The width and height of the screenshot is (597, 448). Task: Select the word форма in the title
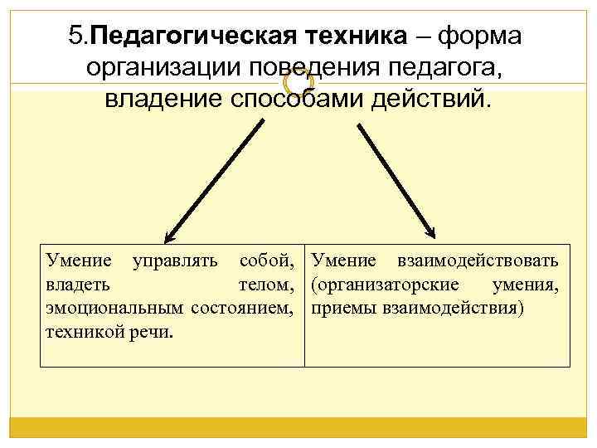pyautogui.click(x=480, y=36)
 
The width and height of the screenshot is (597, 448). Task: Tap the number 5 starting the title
pyautogui.click(x=76, y=36)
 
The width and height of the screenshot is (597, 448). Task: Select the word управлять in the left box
pyautogui.click(x=175, y=262)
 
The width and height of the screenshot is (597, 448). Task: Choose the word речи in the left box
pyautogui.click(x=153, y=332)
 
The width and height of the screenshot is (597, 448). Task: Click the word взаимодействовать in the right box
pyautogui.click(x=478, y=262)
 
